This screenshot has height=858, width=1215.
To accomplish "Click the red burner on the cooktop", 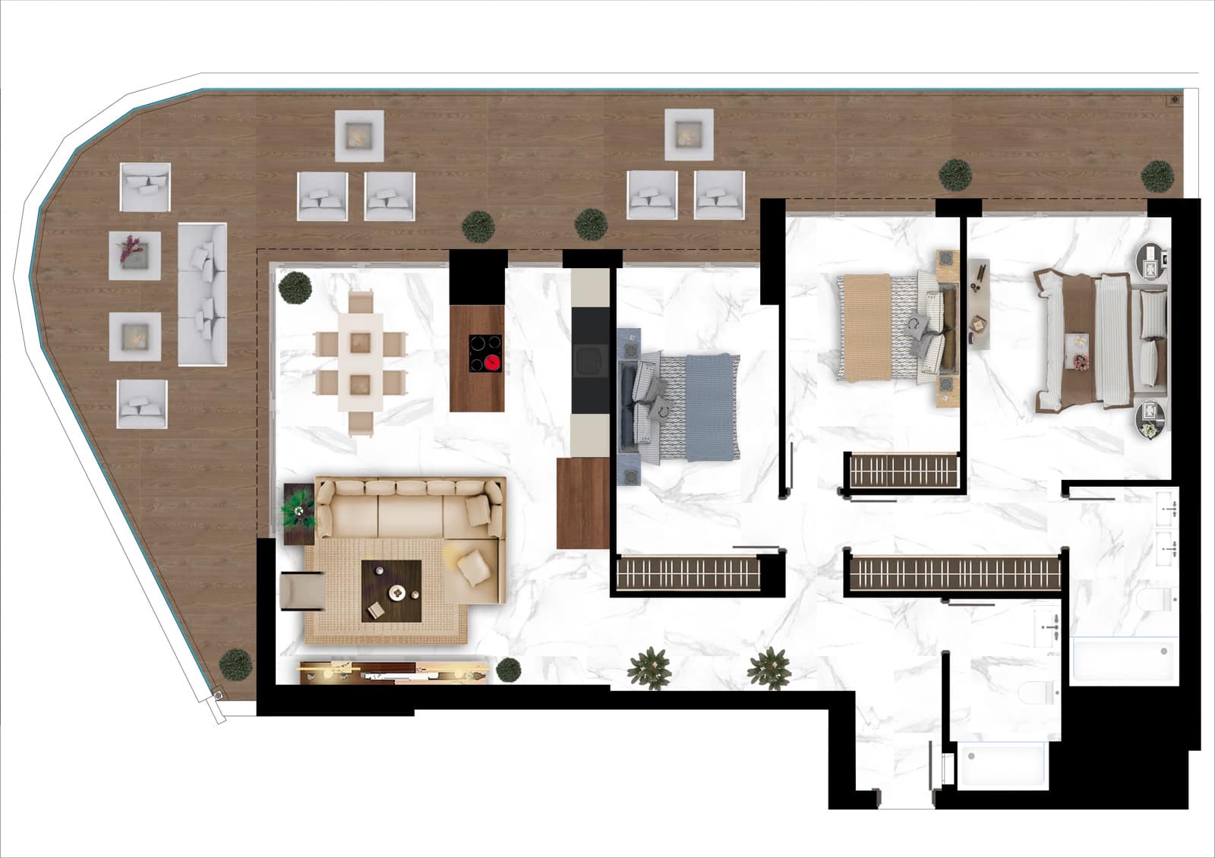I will tap(493, 363).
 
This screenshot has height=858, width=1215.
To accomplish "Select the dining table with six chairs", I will tap(361, 363).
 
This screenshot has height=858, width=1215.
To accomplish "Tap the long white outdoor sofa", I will tap(202, 295).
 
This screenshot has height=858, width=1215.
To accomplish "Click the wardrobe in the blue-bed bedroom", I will tap(688, 573).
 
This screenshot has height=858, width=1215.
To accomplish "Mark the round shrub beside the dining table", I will tap(295, 288).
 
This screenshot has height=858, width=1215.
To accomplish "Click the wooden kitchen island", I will tap(476, 358).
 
